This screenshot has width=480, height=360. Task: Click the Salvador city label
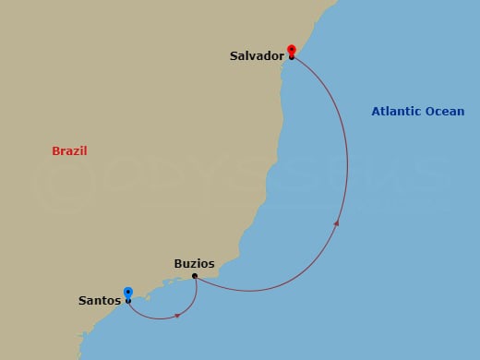tap(257, 56)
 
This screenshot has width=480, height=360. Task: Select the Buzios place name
tap(195, 263)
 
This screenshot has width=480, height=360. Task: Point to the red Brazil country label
tap(69, 150)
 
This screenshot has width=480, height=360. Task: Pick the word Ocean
tap(445, 112)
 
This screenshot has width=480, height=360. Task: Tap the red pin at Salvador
tap(292, 49)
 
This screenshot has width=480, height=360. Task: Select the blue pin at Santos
tap(127, 292)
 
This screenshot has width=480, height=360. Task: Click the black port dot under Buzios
tap(195, 276)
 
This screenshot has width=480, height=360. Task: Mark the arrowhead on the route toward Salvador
tap(336, 222)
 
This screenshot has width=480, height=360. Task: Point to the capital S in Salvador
tap(234, 56)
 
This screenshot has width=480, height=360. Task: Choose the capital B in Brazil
tap(55, 150)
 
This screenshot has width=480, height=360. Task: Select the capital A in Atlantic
tap(376, 112)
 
